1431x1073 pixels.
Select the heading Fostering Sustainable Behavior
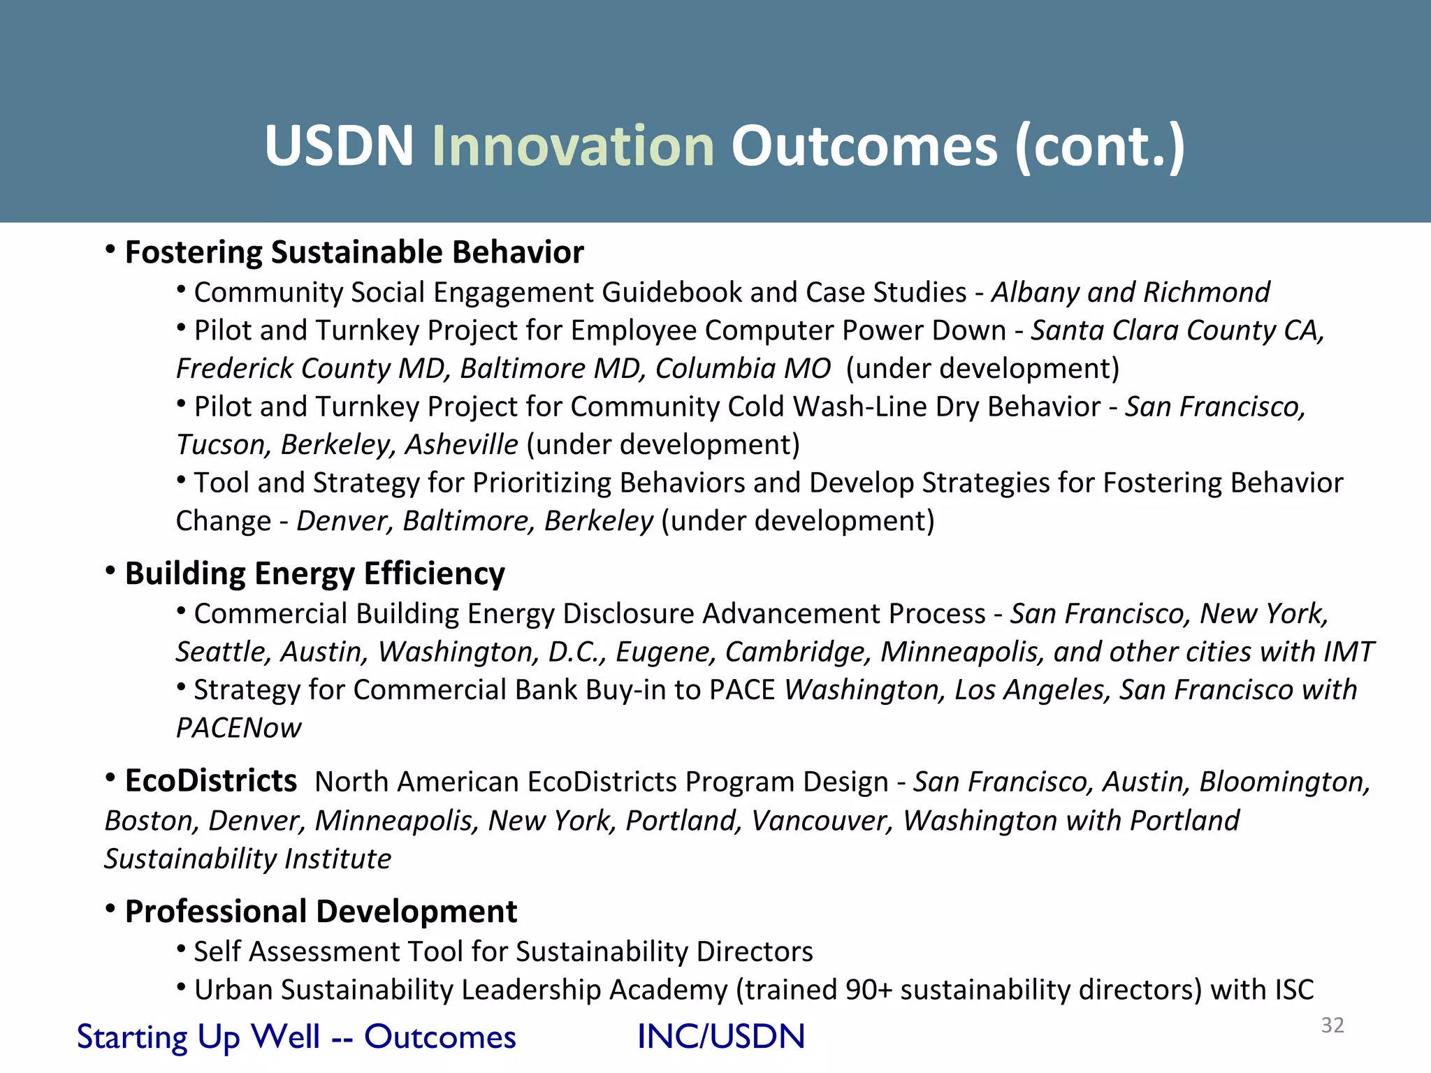pos(354,252)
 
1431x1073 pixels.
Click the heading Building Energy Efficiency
pos(314,574)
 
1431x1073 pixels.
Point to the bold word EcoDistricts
pos(210,781)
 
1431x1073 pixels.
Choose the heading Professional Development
pos(321,912)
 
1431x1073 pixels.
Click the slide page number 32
pos(1332,1025)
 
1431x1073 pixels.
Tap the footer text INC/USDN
pos(721,1037)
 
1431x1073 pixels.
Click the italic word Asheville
pos(462,445)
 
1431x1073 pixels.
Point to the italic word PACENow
pos(238,728)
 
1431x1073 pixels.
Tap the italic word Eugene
pos(665,652)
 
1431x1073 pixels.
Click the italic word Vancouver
pos(822,821)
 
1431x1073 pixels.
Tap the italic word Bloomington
pos(1284,782)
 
